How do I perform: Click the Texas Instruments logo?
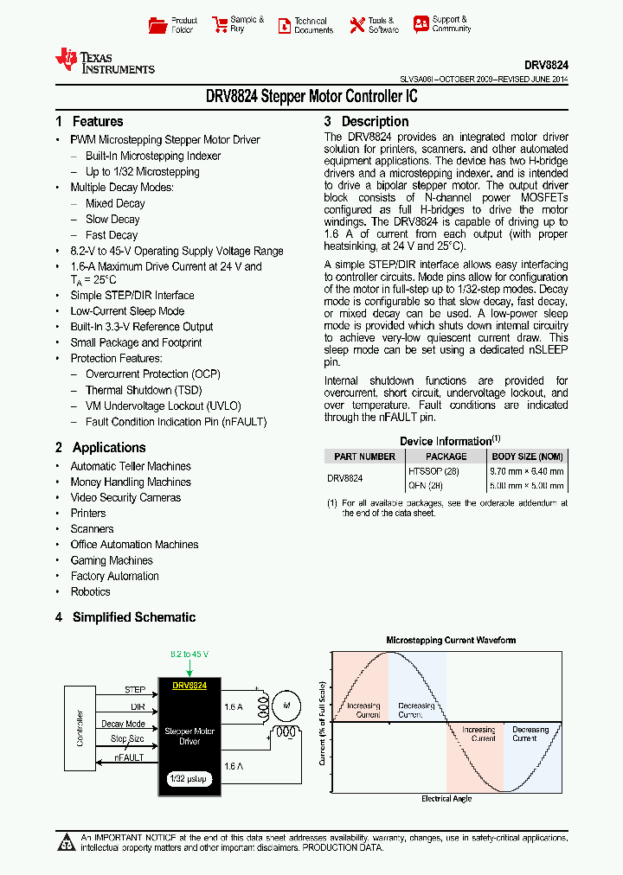click(104, 61)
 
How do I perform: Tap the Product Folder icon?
click(157, 25)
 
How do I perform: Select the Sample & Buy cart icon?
click(219, 25)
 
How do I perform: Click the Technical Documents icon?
click(284, 25)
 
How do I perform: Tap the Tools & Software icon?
click(356, 25)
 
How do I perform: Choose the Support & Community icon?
click(421, 24)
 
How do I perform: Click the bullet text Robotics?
click(90, 592)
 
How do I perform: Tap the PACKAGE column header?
click(446, 457)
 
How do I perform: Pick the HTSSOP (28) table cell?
click(434, 471)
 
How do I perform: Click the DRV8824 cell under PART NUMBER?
click(345, 478)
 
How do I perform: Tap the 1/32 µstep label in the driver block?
click(189, 779)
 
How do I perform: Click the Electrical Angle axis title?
click(446, 798)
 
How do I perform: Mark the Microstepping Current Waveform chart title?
click(451, 641)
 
